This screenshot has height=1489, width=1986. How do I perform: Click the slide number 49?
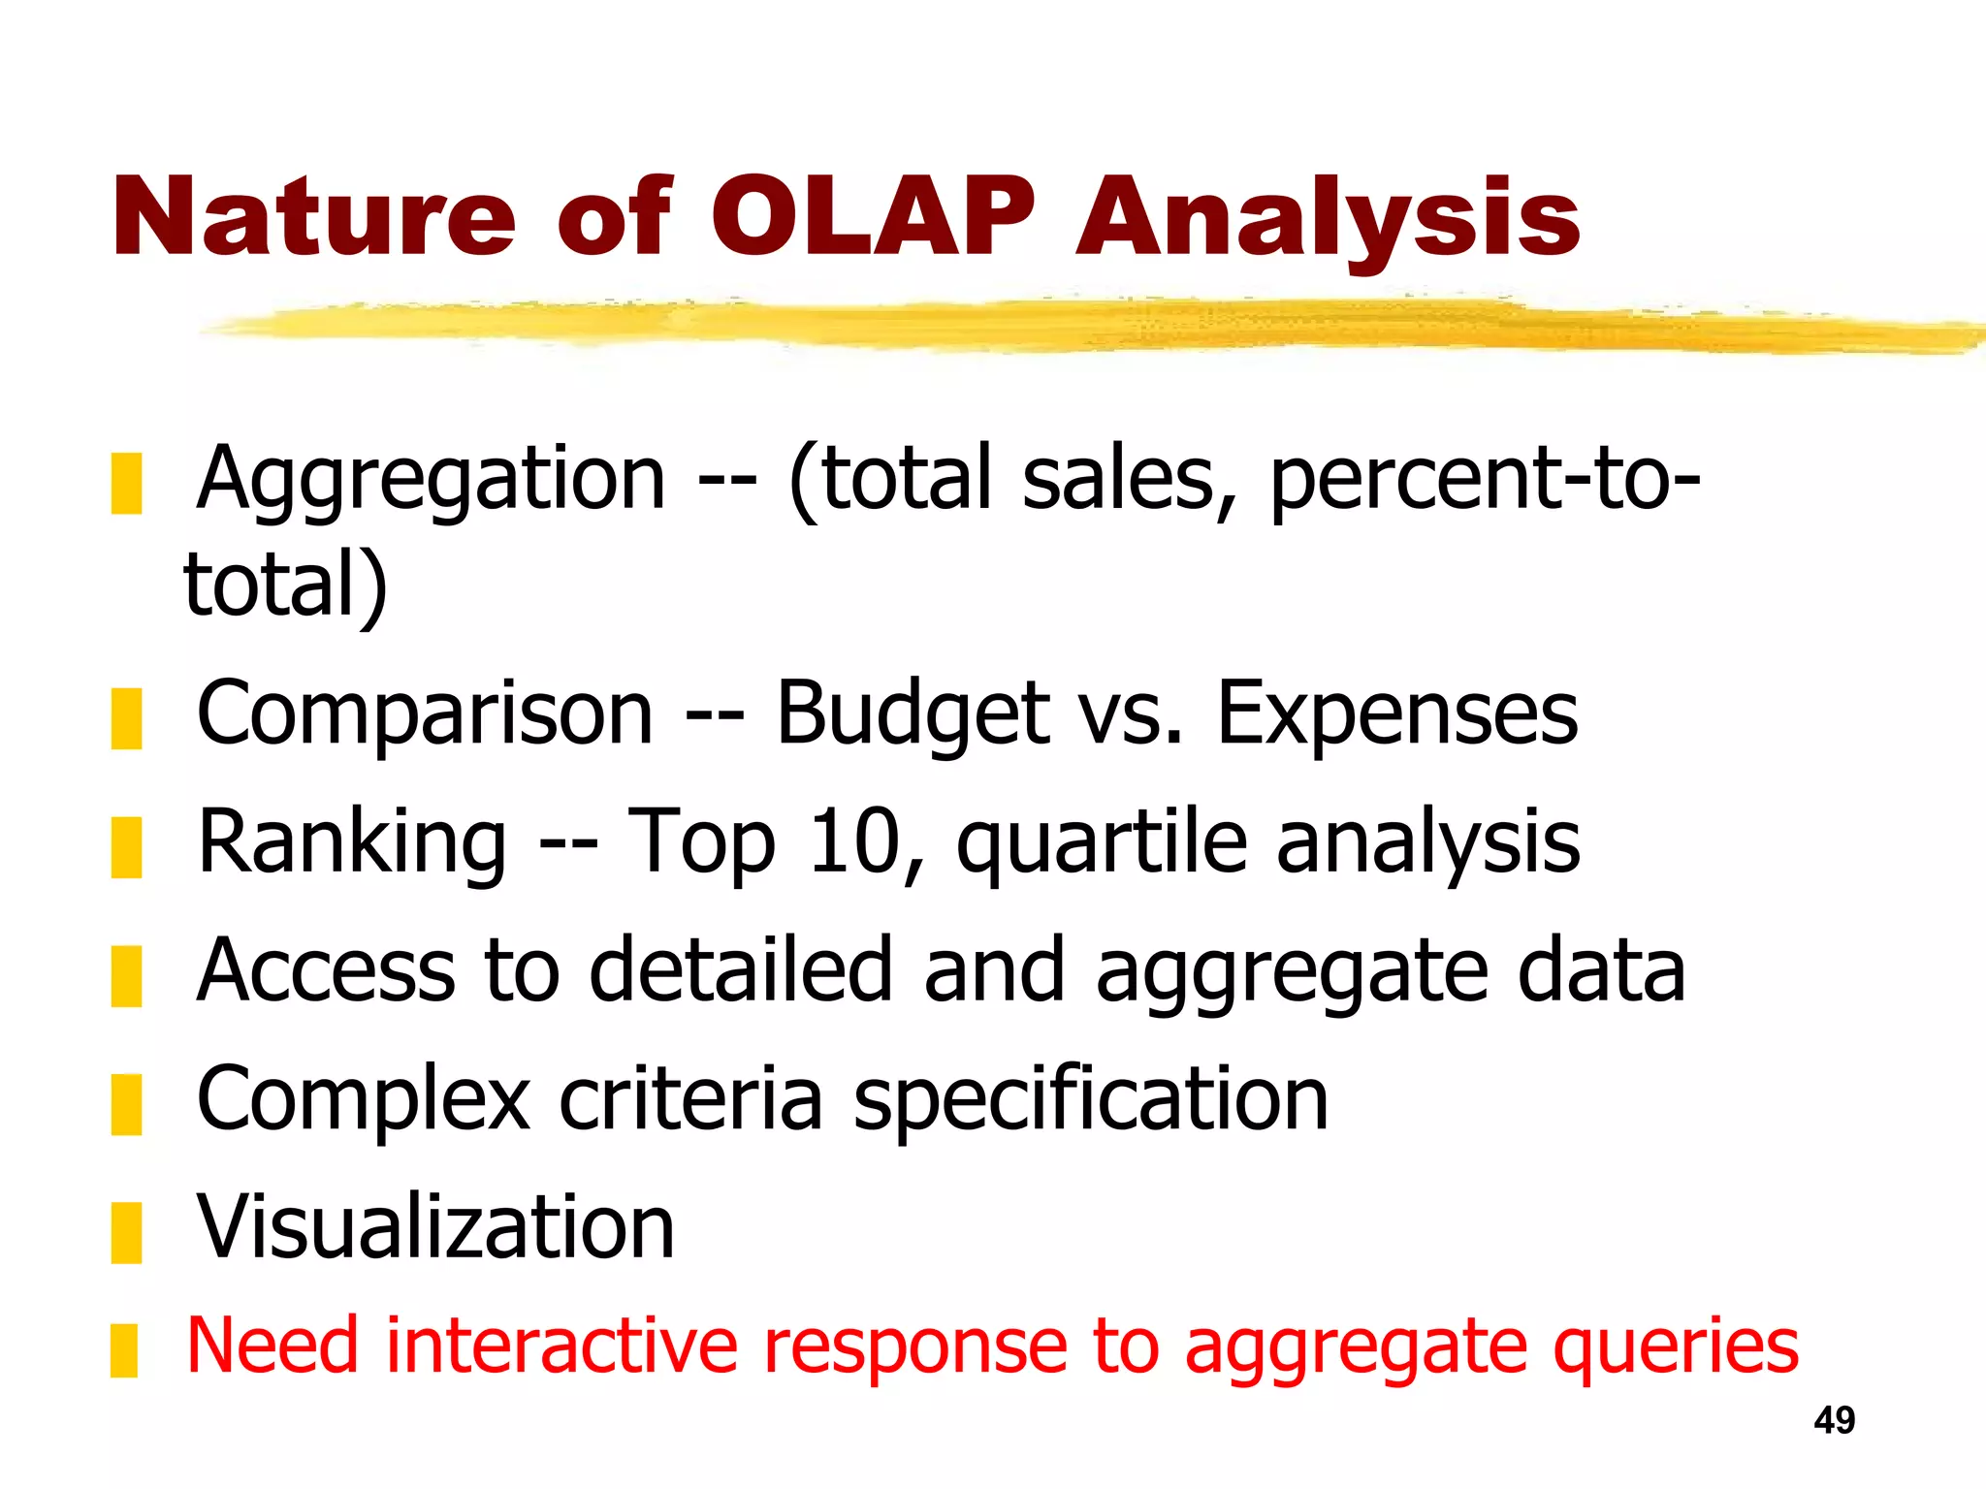coord(1834,1420)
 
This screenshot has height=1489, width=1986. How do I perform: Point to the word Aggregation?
coord(432,480)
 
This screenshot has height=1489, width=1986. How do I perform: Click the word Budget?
coord(913,715)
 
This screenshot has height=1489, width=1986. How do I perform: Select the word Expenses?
coord(1397,715)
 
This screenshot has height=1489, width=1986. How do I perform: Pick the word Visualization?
coord(435,1227)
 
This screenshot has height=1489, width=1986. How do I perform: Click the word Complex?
coord(364,1101)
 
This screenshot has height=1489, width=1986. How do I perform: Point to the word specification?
coord(1090,1101)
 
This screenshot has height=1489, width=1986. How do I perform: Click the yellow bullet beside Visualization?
coord(126,1233)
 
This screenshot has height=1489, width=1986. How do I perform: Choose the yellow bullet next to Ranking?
coord(126,847)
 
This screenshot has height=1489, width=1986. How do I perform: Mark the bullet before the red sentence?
coord(124,1351)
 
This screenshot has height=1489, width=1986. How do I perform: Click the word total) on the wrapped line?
coord(286,585)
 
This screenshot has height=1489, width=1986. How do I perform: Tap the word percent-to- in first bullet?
coord(1484,480)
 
